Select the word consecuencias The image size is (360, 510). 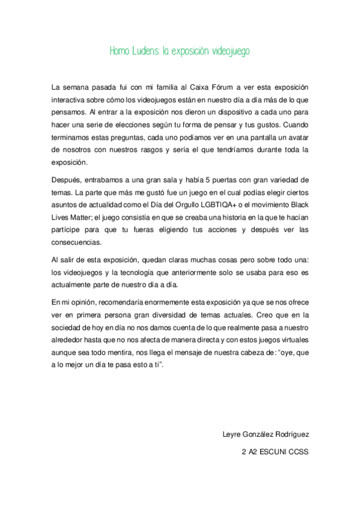(77, 242)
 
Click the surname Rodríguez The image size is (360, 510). (288, 434)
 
